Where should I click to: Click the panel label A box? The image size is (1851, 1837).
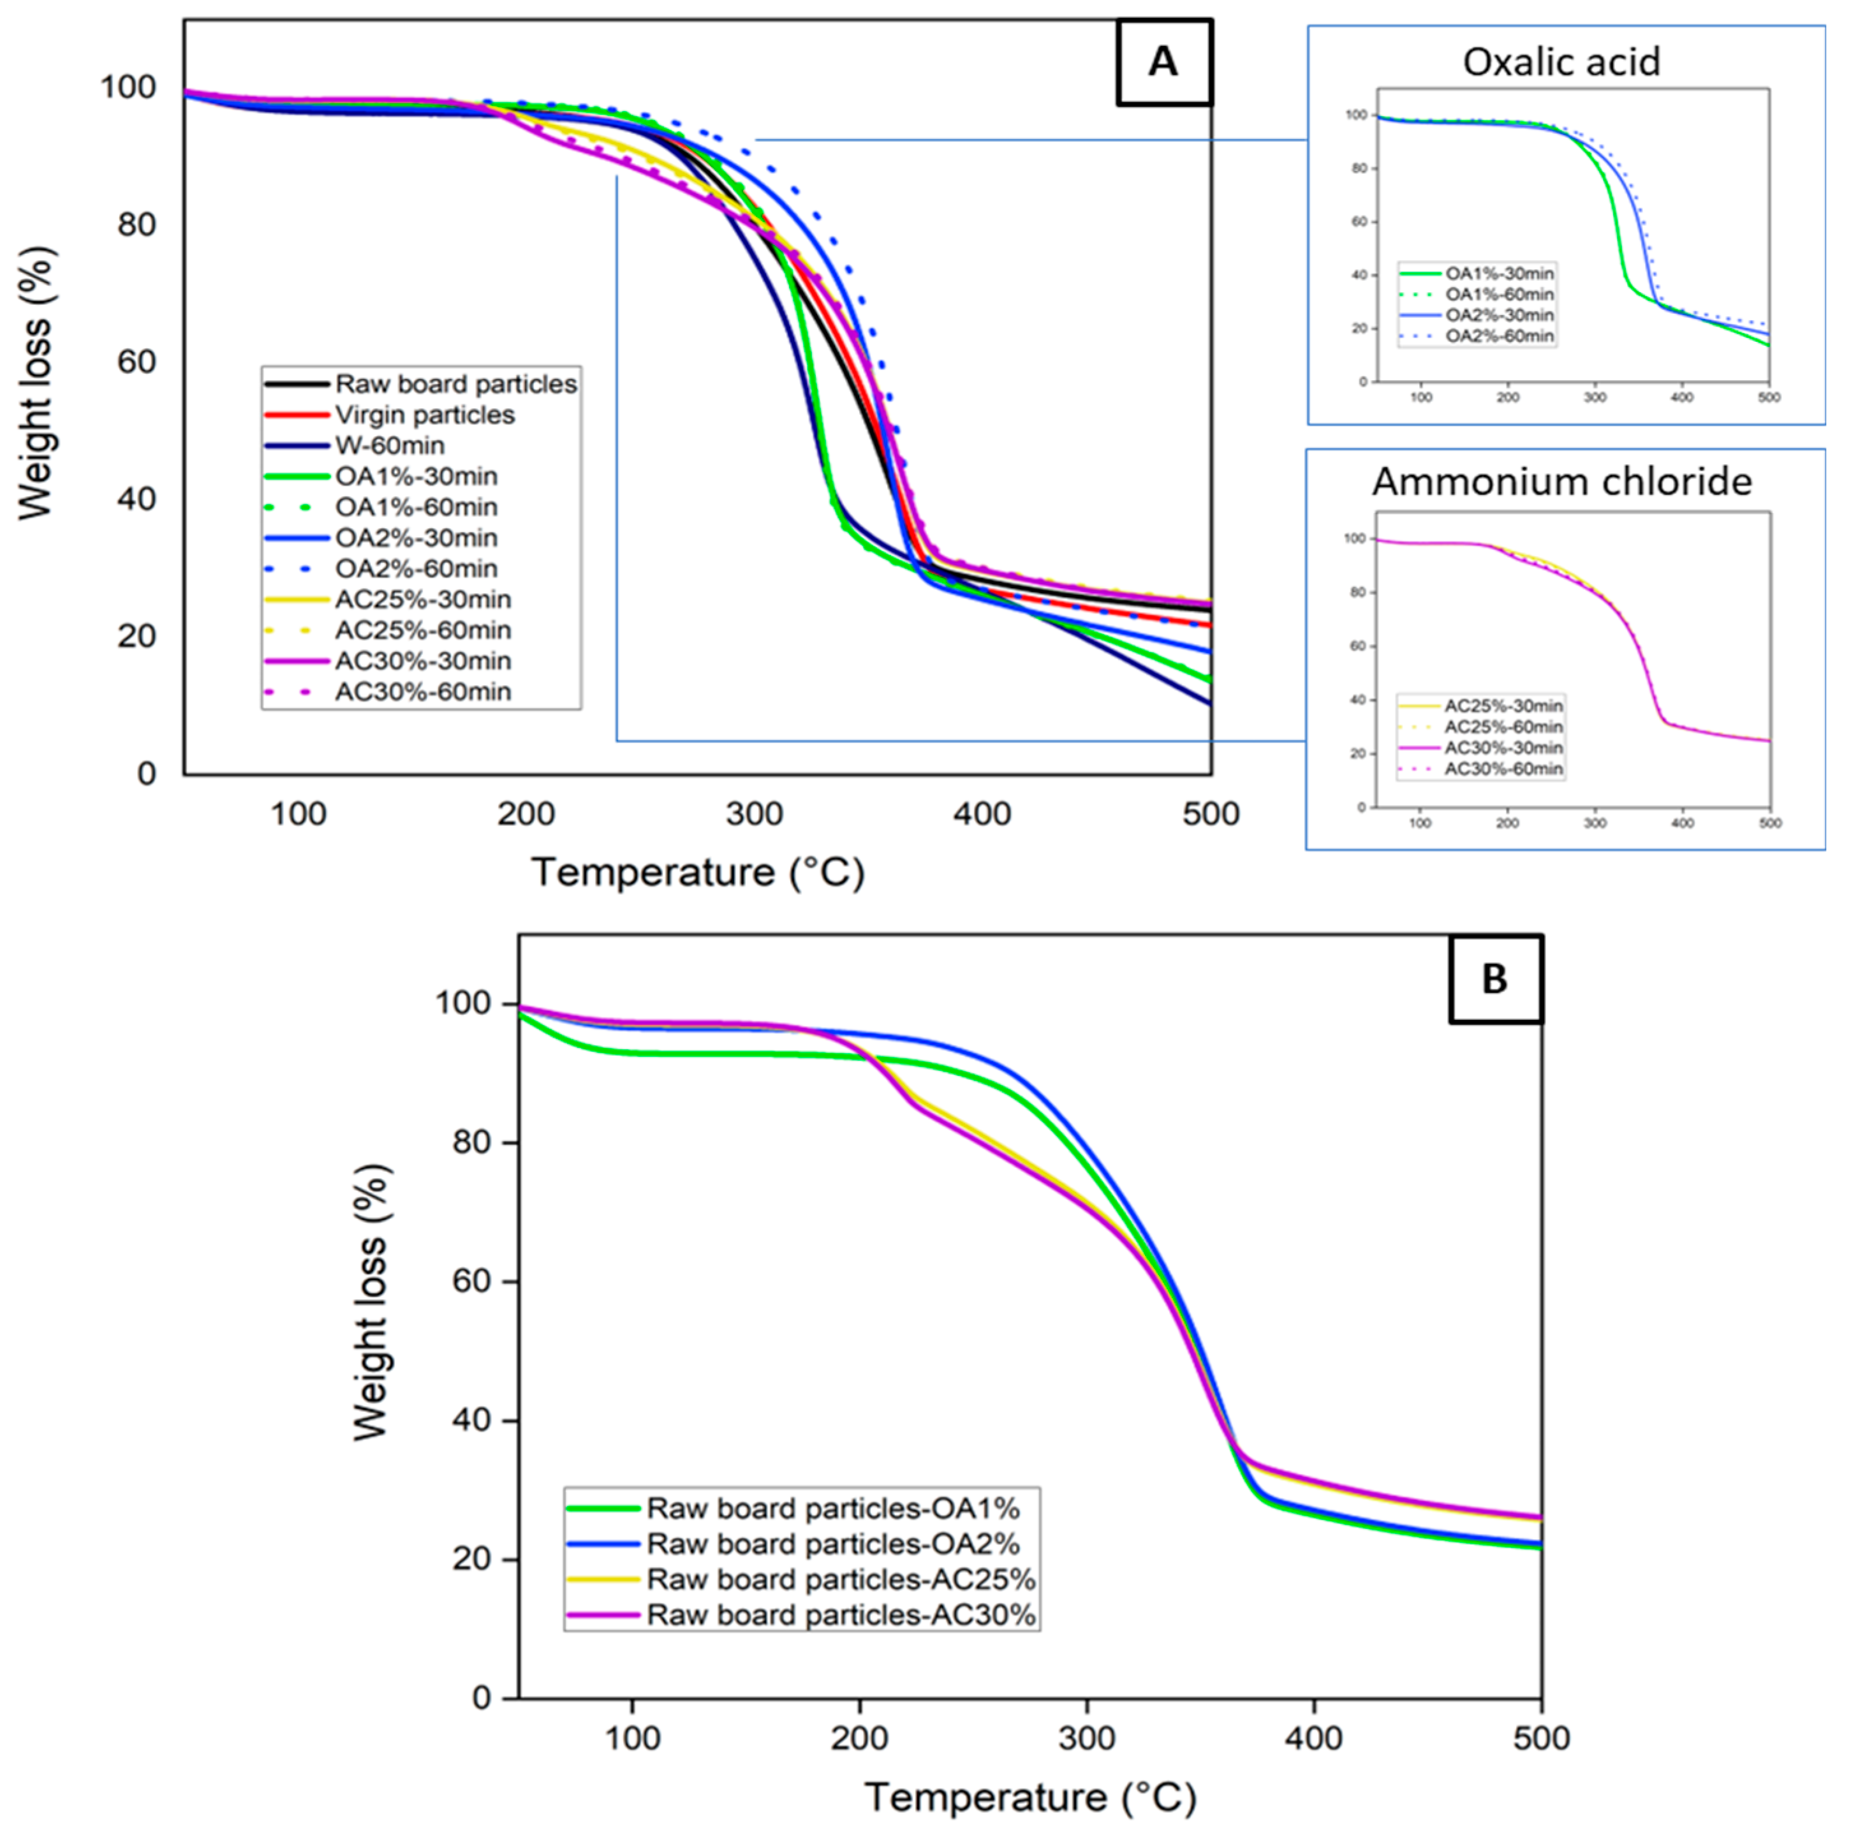[x=1163, y=63]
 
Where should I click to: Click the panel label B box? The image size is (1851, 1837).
[x=1494, y=978]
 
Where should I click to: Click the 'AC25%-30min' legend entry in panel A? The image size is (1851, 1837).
[x=422, y=600]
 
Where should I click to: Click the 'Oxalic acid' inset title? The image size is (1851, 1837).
[x=1561, y=63]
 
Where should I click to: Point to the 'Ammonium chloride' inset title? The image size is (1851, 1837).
[x=1561, y=481]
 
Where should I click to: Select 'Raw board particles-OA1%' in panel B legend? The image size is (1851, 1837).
[x=832, y=1509]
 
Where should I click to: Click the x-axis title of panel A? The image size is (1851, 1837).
[x=698, y=872]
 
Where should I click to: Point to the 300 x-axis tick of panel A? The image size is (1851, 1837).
[x=754, y=815]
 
